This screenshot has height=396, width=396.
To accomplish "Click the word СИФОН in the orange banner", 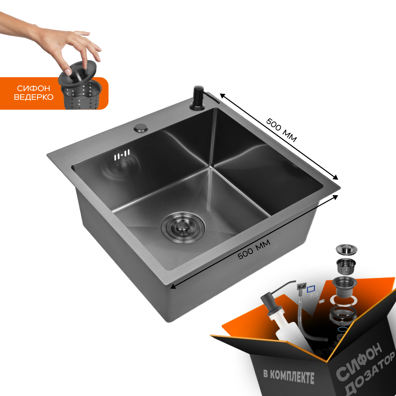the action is click(x=34, y=88).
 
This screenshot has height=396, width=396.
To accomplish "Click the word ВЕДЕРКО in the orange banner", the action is click(x=34, y=97).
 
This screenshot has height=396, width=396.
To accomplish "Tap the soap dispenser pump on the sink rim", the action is click(x=199, y=98).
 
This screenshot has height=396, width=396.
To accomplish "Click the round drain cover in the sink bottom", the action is click(x=183, y=228).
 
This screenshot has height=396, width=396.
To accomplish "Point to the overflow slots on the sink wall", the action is click(x=122, y=155).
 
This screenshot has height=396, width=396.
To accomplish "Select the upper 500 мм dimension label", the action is click(x=281, y=130).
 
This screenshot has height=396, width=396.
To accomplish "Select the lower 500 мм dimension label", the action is click(x=254, y=249).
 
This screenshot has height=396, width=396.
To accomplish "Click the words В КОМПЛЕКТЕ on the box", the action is click(x=289, y=377).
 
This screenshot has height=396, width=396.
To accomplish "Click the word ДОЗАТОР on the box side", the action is click(x=370, y=375).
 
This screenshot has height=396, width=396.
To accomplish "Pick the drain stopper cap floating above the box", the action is click(x=346, y=249).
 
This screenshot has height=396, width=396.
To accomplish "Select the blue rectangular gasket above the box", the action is click(x=311, y=289).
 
